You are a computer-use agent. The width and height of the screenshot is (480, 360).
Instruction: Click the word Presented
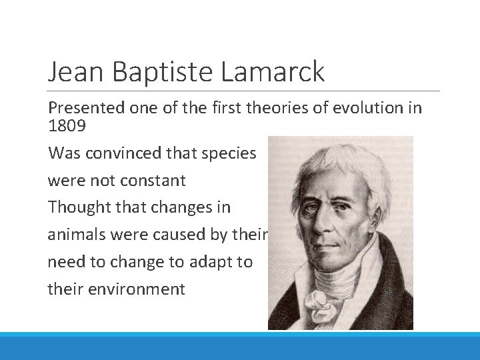coord(85,108)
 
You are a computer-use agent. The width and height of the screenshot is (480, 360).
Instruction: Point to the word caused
coord(186,235)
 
